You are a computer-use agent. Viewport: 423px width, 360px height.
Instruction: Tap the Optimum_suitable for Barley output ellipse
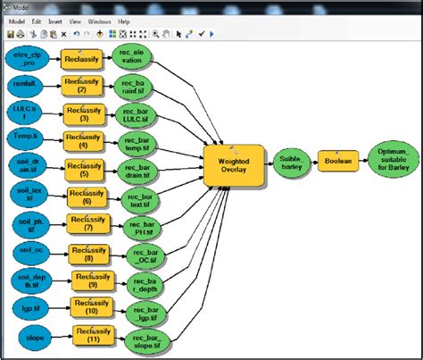pyautogui.click(x=394, y=160)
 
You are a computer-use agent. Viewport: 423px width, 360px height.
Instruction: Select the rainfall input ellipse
pyautogui.click(x=26, y=86)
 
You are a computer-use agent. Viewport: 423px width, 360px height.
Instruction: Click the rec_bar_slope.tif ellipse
pyautogui.click(x=148, y=341)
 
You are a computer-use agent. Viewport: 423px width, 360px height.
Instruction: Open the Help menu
pyautogui.click(x=123, y=20)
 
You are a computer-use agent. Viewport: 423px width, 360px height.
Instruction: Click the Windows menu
pyautogui.click(x=100, y=20)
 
